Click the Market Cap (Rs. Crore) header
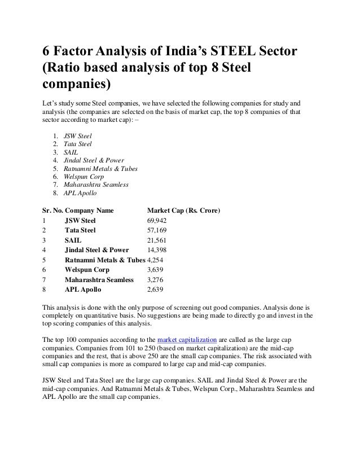(x=183, y=211)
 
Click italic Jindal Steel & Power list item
(x=94, y=160)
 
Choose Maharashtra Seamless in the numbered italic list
(x=96, y=184)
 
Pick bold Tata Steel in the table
(x=80, y=230)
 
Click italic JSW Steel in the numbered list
(x=78, y=136)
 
